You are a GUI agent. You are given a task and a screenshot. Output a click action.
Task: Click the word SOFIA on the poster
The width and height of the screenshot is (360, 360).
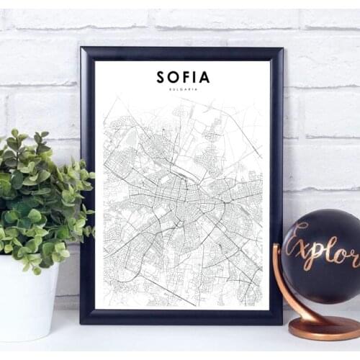tap(183, 76)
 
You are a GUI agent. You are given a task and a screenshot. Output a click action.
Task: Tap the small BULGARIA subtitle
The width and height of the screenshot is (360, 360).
tap(183, 89)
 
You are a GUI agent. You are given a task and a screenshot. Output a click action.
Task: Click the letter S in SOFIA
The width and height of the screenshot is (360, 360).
tap(161, 76)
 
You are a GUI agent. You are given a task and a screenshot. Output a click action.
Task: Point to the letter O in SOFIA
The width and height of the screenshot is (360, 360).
tap(173, 76)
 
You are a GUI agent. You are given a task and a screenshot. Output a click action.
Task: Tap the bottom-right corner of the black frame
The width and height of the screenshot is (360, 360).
tap(281, 321)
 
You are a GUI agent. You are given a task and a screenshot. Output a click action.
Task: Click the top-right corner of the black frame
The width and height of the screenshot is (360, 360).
tap(281, 50)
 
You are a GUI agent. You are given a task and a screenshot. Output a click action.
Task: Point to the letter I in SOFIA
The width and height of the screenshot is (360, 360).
tap(194, 76)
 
